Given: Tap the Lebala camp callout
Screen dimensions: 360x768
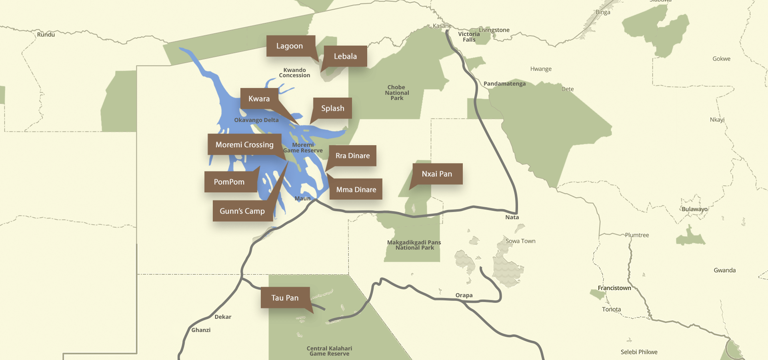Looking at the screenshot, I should [345, 56].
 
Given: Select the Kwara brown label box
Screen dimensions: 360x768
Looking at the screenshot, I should [259, 99].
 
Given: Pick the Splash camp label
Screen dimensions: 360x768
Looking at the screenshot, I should [332, 108].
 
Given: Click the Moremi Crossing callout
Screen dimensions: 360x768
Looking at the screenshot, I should [244, 145].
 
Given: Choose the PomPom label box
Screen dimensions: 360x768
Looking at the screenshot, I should [229, 182].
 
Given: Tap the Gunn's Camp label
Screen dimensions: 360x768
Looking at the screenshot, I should [242, 211].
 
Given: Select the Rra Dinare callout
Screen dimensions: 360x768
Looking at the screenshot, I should [352, 156].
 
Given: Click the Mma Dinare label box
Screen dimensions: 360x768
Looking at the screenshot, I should [356, 190].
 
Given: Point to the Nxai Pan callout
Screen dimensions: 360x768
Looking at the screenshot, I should [437, 174].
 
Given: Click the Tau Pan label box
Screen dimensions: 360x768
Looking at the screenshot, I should [285, 298].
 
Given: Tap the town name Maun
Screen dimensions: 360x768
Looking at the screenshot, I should [302, 198].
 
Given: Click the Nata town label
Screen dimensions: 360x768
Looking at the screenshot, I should [512, 217].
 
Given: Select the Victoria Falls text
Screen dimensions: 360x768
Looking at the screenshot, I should [469, 37].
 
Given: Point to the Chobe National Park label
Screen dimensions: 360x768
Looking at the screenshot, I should [397, 92].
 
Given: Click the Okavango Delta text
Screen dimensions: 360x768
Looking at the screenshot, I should [256, 120].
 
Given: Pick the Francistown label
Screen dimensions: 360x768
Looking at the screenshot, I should [614, 288].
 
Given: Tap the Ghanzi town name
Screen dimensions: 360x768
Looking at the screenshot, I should [201, 330].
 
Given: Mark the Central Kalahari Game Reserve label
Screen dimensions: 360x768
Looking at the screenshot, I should [329, 351].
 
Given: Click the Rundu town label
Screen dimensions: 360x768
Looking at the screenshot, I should [46, 35].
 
